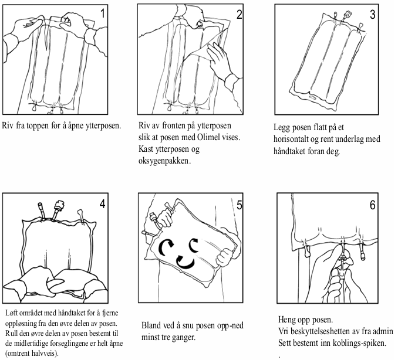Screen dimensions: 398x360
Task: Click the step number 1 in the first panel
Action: (x=103, y=13)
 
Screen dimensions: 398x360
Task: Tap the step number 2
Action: (x=239, y=15)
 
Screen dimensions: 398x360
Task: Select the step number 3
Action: (x=372, y=14)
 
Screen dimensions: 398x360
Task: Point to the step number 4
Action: (x=102, y=204)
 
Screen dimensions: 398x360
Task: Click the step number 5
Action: (x=240, y=205)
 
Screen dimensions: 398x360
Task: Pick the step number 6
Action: (x=372, y=205)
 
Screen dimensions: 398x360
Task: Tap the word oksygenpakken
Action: (x=164, y=161)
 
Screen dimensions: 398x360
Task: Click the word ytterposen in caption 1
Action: (x=103, y=125)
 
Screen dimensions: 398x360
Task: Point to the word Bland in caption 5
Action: (x=151, y=325)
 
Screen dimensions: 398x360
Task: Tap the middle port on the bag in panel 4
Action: (x=58, y=209)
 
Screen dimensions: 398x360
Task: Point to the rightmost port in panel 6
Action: (x=362, y=252)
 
